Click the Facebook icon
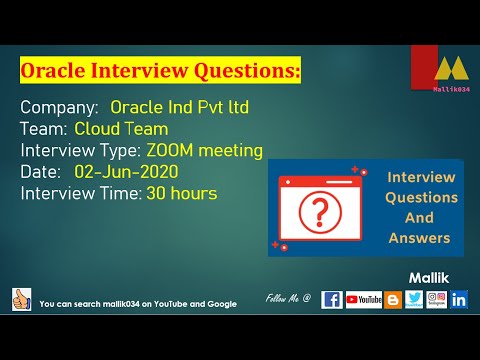pos(332,299)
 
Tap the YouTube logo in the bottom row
pos(364,299)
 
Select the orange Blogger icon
pos(393,299)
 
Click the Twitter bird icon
pos(414,299)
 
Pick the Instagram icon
pos(436,299)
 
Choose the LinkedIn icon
pos(459,299)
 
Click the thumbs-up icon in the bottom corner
pos(21,299)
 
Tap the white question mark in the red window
pos(319,211)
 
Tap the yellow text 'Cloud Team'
pos(121,129)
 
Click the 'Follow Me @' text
pos(289,299)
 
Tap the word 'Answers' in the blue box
pos(421,238)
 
